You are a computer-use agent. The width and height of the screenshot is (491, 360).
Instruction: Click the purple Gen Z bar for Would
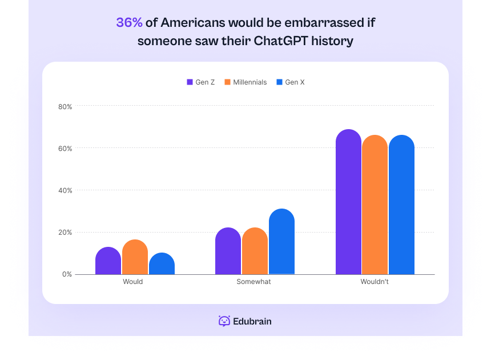coord(108,261)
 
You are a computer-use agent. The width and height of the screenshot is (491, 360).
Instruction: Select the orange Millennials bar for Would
coord(135,257)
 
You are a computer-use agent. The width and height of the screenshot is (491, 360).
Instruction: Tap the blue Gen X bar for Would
coord(162,263)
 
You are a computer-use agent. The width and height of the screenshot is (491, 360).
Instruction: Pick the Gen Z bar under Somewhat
coord(228,251)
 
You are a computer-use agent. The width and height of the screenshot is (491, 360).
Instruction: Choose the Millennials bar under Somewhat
coord(255,251)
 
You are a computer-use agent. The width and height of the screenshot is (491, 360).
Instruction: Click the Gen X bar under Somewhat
coord(281,242)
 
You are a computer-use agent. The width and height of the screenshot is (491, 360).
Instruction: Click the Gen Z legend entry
coord(201,82)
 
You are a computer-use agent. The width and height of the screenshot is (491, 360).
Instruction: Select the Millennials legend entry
coord(246,82)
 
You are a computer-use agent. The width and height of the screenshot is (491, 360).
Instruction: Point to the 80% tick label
coord(65,106)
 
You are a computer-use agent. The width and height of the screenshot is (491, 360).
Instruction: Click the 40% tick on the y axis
coord(65,190)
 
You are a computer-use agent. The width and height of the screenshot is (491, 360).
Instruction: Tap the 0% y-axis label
coord(67,274)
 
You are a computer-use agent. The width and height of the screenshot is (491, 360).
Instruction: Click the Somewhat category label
coord(254,282)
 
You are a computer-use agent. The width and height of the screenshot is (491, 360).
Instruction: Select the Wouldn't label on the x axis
coord(375,282)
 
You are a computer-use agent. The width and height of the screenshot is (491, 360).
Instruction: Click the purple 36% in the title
coord(129,23)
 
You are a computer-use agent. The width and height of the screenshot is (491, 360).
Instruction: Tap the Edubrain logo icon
coord(224,321)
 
